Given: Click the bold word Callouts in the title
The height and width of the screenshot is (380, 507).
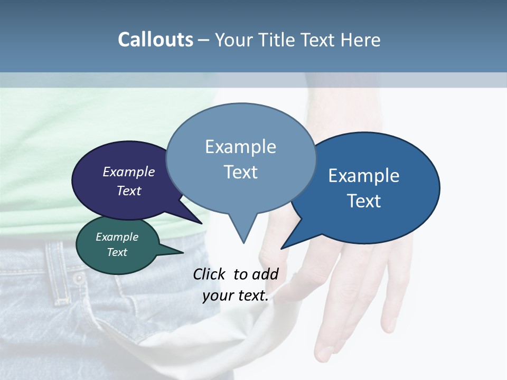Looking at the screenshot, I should pos(155,40).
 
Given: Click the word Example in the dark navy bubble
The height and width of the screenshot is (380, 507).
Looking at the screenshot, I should pos(129,172).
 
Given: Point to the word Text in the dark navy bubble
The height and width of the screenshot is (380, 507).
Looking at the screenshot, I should pos(129,191).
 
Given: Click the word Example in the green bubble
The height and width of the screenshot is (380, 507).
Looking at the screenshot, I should pos(117,237).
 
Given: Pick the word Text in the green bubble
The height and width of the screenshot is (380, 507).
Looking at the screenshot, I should pos(117,252).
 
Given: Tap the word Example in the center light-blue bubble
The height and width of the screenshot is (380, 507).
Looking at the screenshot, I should pos(240,147).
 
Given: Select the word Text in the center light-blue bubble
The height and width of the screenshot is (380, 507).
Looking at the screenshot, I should pos(240,172).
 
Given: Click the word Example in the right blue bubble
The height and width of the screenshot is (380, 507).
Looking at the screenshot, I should pos(363,176).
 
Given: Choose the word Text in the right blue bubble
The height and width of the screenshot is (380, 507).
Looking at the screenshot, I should pos(364,201).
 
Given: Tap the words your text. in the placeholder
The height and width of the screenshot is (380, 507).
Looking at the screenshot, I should pos(236,296).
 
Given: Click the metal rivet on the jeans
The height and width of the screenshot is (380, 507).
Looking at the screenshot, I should pos(78,278).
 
